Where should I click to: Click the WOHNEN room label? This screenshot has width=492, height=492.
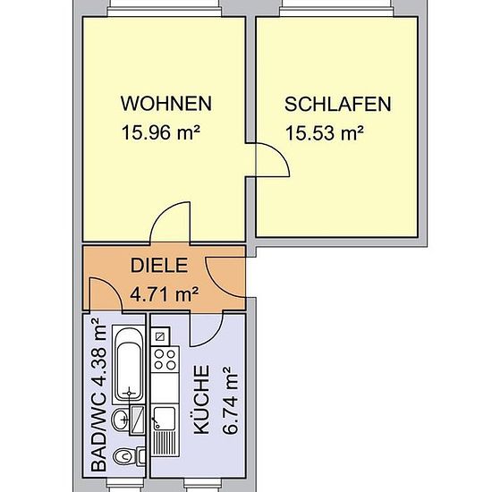pos(166,104)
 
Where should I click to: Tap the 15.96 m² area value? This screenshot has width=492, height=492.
pos(161,132)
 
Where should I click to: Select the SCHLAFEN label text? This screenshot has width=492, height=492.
pos(337,104)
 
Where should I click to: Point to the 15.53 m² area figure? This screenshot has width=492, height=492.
pos(325,132)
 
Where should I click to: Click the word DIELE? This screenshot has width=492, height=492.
pos(159,265)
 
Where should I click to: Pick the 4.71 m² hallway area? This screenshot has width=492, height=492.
pos(164,294)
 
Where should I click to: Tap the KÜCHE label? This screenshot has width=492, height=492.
pos(201,400)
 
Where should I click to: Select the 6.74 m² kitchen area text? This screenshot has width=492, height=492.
pos(230,401)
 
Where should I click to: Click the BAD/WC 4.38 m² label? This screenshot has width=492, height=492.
pos(98,395)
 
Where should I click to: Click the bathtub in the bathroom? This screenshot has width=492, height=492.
pos(129,365)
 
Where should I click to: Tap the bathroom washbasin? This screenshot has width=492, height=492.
pos(121,420)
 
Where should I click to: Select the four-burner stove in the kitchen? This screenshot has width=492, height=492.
pos(165,360)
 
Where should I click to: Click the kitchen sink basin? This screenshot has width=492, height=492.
pos(164,419)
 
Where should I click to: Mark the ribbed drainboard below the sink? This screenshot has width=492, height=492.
pos(165,444)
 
